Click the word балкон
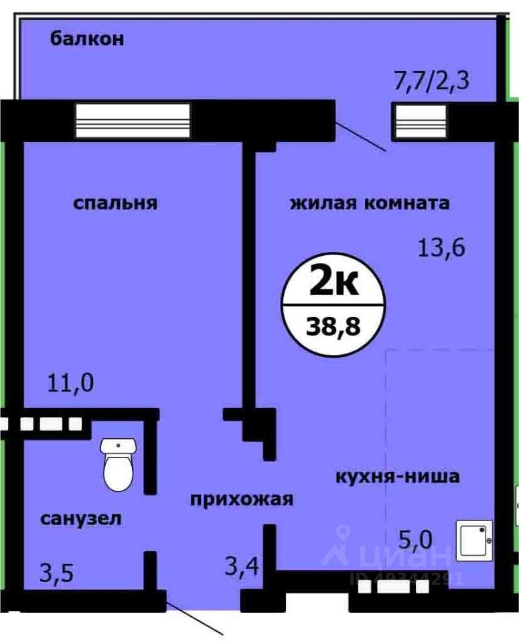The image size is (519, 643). [86, 39]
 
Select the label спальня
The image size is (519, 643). [115, 203]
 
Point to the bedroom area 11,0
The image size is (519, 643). [70, 384]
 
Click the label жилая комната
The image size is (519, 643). [369, 203]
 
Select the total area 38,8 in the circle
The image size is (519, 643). [333, 328]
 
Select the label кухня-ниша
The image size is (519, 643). [397, 477]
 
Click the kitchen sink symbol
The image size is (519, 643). [475, 540]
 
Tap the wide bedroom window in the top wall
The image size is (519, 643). [133, 121]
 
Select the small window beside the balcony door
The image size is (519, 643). [414, 121]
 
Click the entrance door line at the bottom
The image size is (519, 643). [194, 617]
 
